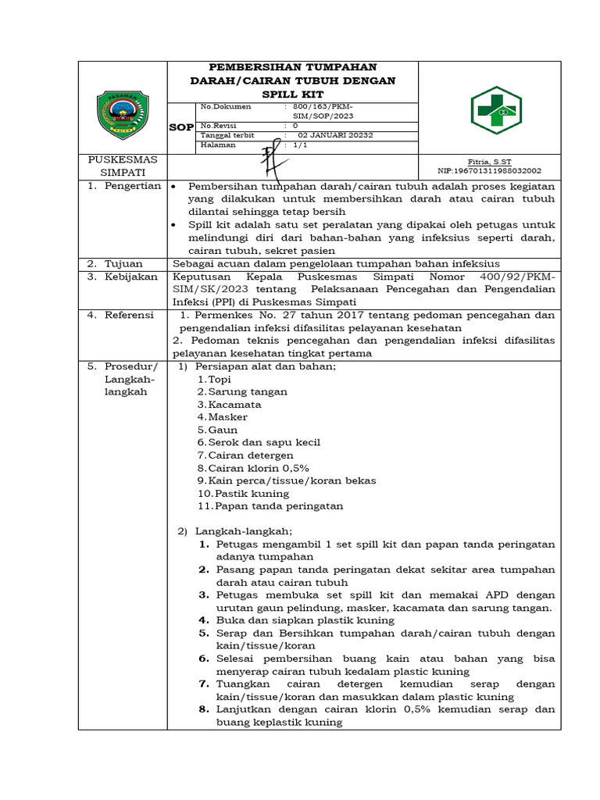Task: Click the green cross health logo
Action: click(x=495, y=110)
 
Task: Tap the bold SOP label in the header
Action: click(x=181, y=127)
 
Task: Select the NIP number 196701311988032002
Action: click(x=489, y=170)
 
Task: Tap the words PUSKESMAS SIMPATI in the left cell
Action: click(x=122, y=165)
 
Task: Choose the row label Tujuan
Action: click(x=125, y=264)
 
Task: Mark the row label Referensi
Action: click(x=132, y=315)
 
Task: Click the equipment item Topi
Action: click(x=220, y=379)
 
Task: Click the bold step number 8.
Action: click(x=204, y=709)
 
